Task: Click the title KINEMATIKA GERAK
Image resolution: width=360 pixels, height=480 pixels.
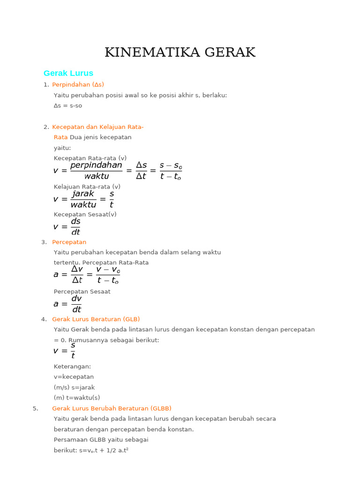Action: (180, 52)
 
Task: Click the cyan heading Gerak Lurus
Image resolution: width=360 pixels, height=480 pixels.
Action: (68, 73)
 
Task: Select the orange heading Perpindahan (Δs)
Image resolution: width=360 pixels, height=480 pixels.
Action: (78, 85)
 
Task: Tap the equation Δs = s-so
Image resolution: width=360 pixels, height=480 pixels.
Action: (68, 106)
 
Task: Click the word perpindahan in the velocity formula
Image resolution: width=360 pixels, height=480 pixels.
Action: (96, 165)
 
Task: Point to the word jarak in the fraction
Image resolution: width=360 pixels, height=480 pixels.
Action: (83, 194)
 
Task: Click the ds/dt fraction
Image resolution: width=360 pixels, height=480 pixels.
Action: (75, 226)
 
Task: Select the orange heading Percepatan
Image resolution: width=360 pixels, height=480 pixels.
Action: (69, 242)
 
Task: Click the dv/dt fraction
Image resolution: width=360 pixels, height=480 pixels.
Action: (76, 304)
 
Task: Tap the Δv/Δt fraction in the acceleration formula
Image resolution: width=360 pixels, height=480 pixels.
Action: (77, 274)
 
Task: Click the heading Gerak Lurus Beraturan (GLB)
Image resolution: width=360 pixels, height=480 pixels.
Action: (96, 319)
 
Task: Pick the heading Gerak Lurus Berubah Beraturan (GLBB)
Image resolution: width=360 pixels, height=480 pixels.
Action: (112, 408)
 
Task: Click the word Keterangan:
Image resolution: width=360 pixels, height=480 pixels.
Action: (72, 367)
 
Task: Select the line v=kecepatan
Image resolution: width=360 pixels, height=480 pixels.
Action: (74, 377)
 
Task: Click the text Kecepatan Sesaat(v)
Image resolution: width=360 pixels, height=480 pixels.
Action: (85, 215)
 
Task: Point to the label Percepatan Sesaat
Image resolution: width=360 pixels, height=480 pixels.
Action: (82, 292)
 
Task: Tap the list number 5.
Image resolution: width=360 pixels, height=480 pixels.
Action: (36, 408)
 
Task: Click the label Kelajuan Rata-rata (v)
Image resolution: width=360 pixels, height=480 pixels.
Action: (87, 187)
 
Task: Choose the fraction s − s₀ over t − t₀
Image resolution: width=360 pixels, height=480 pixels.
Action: (171, 171)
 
